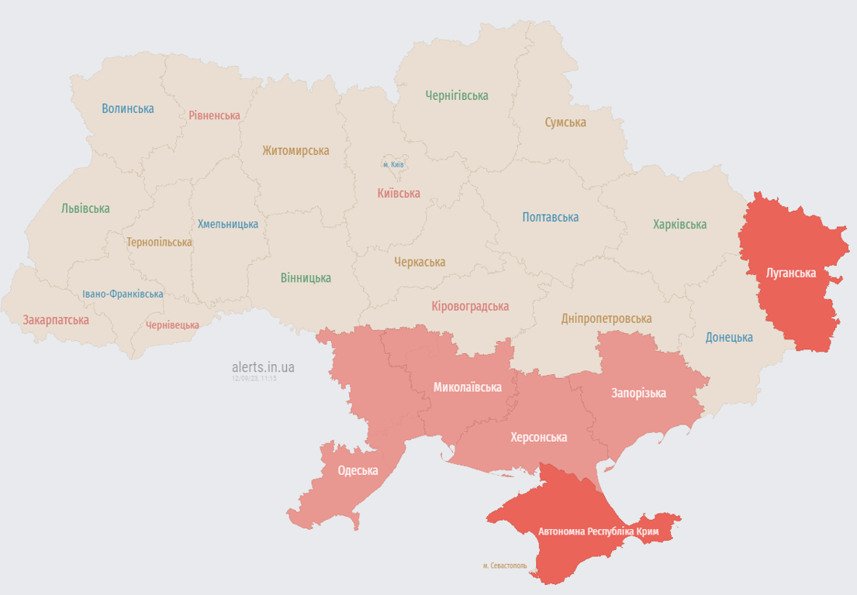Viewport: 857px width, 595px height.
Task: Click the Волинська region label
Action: pos(128,108)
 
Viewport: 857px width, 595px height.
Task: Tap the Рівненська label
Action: pos(214,115)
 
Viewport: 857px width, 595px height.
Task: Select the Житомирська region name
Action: pos(295,150)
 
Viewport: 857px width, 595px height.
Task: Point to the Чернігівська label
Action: pos(457,96)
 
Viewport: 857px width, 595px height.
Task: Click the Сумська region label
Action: pos(565,122)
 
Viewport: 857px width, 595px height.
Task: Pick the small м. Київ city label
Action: pos(393,164)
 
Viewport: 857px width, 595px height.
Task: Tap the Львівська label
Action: pos(85,208)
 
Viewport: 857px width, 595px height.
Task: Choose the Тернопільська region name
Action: pos(159,242)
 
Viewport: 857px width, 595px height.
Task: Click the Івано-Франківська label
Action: pos(123,294)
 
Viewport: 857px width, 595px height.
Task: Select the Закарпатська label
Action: pos(56,320)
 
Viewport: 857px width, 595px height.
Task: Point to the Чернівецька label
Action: pos(172,325)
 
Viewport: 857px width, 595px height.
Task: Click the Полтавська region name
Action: pos(551,218)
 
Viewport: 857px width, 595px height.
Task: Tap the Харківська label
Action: pos(679,225)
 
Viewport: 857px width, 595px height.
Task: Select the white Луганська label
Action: pos(791,273)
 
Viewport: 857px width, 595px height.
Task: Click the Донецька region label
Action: pos(729,338)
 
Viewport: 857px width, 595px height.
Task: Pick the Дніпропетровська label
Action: pos(606,318)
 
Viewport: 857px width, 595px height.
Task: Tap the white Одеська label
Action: pos(358,471)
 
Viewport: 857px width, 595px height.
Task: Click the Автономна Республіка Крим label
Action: pos(598,532)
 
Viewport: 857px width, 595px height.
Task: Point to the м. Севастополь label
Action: pos(505,566)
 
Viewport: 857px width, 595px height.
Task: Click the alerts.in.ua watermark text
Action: pos(263,367)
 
